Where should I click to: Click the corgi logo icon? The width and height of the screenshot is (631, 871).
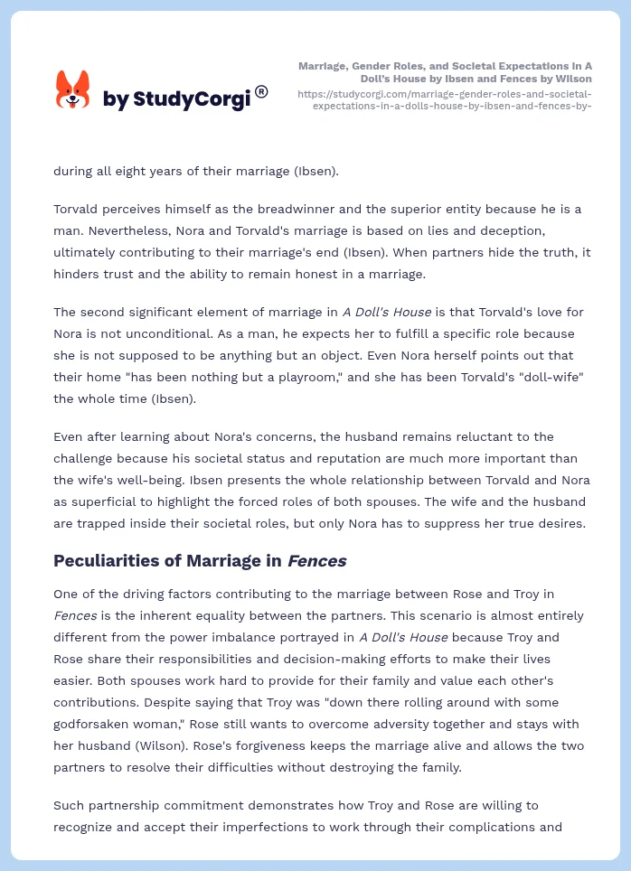72,91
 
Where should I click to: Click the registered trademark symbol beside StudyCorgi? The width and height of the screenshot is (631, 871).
261,91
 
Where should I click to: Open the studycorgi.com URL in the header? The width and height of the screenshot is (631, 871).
444,99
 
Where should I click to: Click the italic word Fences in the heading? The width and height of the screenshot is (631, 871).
316,561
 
